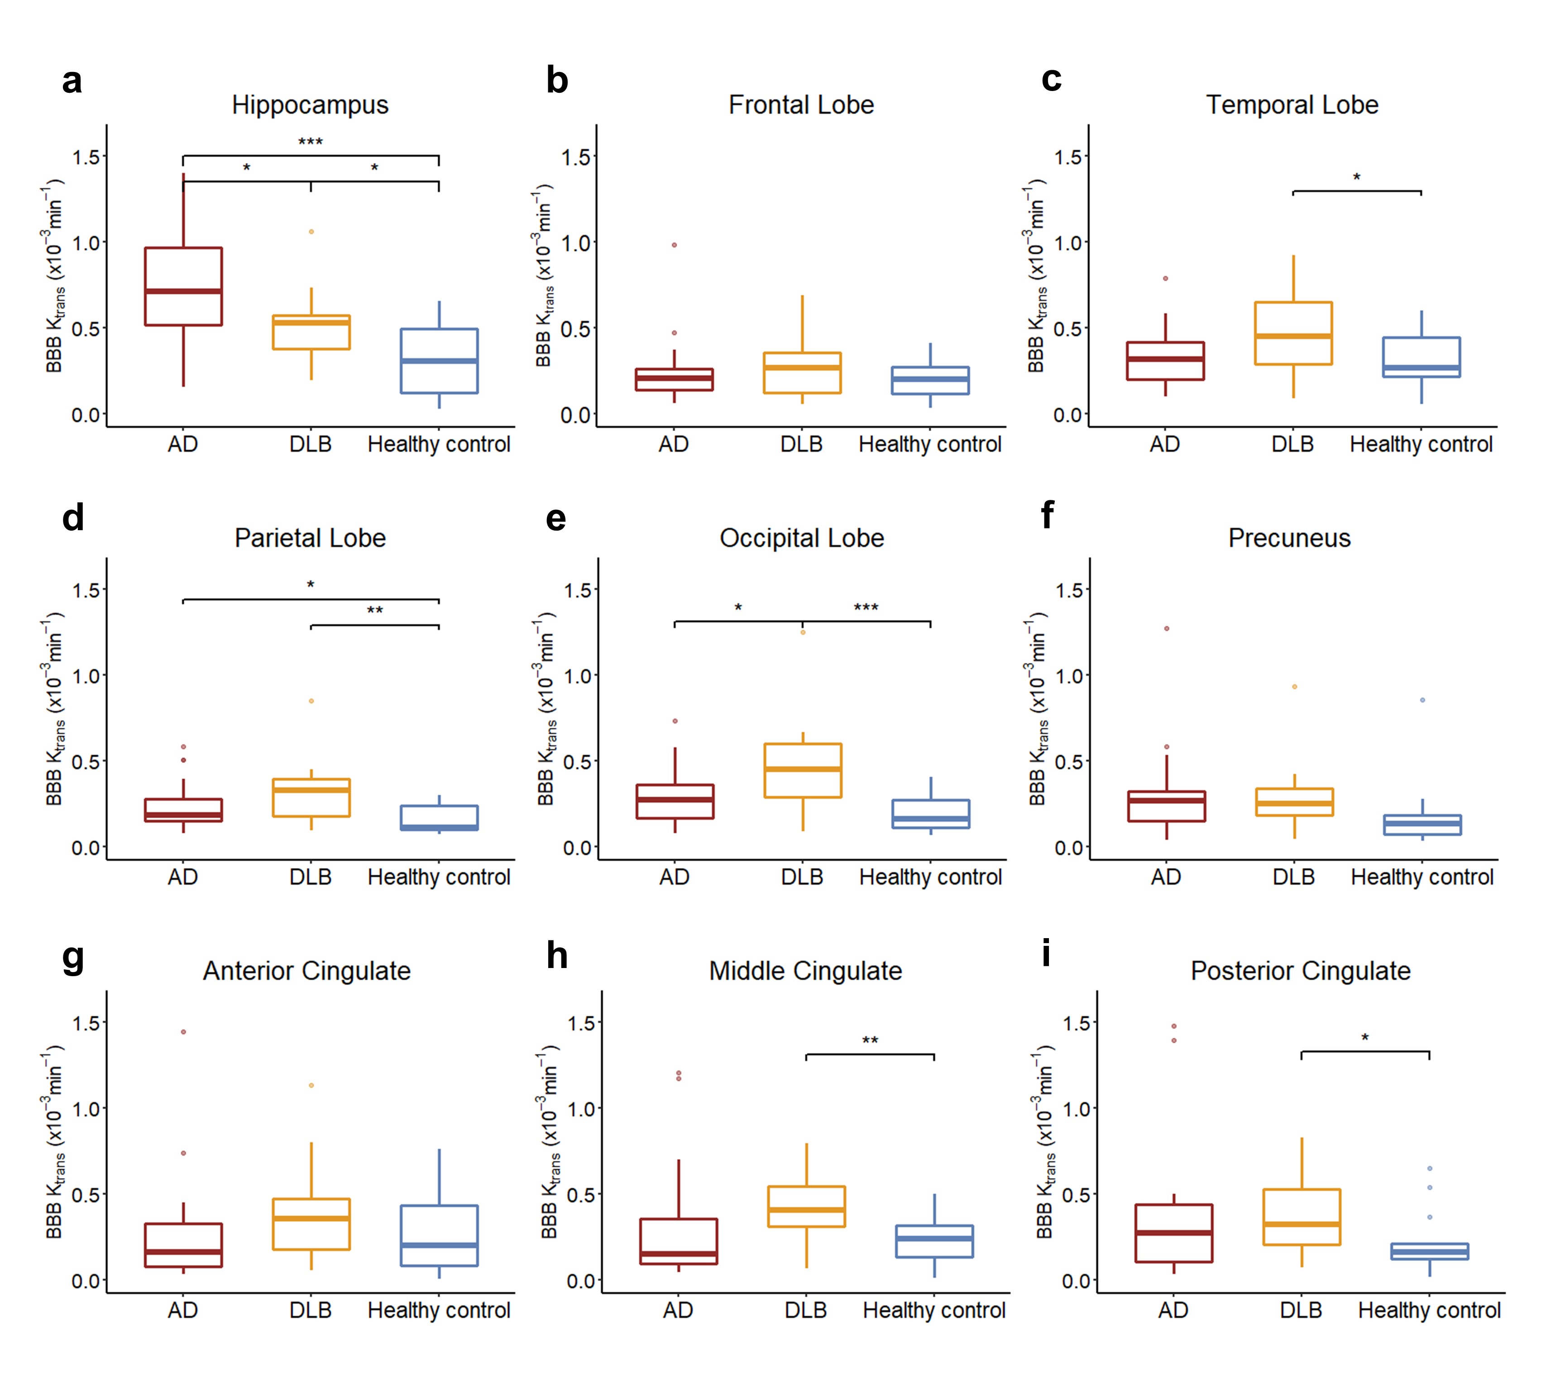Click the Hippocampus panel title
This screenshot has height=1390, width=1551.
click(310, 105)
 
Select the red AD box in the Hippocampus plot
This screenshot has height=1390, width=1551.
click(183, 287)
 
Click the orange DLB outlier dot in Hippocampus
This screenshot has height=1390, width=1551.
click(311, 231)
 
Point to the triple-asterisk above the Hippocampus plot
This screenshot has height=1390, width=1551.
click(310, 142)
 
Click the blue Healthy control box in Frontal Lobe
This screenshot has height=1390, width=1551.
click(930, 380)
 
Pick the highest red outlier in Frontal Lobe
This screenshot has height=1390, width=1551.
click(674, 245)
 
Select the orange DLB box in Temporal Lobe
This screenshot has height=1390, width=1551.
click(1293, 333)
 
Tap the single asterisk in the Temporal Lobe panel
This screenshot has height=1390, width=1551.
click(1356, 178)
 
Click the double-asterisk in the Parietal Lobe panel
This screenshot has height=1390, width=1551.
click(374, 611)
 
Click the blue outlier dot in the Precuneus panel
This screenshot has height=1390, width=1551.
click(1422, 700)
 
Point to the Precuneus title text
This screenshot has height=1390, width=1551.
click(1289, 538)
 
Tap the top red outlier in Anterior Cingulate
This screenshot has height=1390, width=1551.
click(183, 1032)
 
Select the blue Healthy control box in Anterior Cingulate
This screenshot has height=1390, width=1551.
click(439, 1236)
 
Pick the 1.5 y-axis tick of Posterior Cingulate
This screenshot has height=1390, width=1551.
click(1077, 1023)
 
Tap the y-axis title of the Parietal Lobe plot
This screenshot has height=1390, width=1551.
click(53, 709)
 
